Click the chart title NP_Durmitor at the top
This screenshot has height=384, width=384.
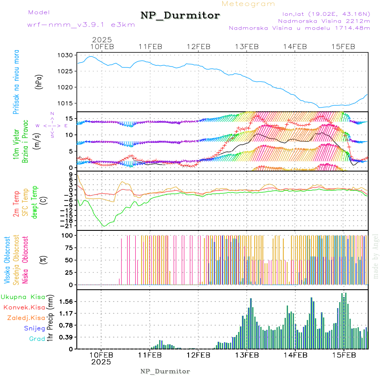pyautogui.click(x=180, y=16)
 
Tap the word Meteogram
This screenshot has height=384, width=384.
pyautogui.click(x=249, y=4)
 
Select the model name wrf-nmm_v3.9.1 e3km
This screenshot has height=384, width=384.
pyautogui.click(x=81, y=25)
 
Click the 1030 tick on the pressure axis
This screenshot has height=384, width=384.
pyautogui.click(x=67, y=55)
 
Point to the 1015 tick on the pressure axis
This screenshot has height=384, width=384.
pyautogui.click(x=67, y=103)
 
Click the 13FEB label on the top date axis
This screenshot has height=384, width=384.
pyautogui.click(x=247, y=47)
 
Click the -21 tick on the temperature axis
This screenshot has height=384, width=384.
pyautogui.click(x=68, y=225)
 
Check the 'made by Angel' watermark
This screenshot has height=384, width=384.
pyautogui.click(x=376, y=256)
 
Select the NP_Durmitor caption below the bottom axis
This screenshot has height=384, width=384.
pyautogui.click(x=165, y=371)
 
